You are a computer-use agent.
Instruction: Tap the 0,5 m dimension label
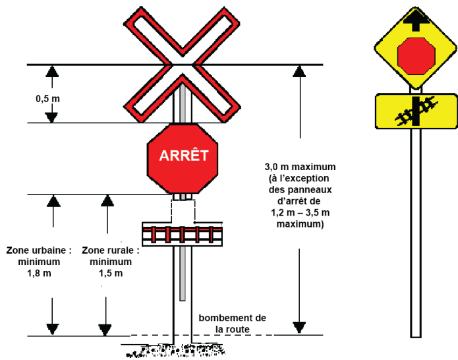pos(47,98)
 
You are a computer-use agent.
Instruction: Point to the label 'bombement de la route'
pos(233,324)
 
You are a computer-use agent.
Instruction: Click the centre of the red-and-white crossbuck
pos(182,65)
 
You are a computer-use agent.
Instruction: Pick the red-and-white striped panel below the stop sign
pos(182,234)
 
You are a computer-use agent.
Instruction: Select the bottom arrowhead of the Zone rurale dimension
pos(104,329)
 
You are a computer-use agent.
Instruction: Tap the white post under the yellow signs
pos(415,231)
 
